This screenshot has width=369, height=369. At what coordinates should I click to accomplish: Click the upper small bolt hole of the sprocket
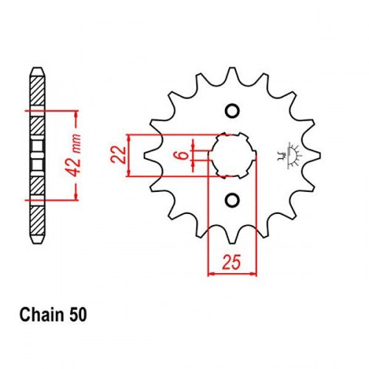(x=232, y=111)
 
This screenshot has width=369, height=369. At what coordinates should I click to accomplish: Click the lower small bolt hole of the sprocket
(x=232, y=200)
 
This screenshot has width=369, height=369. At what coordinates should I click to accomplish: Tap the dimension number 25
(x=231, y=262)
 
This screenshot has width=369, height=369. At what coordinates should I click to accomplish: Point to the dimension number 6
(x=182, y=155)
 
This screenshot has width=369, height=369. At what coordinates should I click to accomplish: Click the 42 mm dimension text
(x=75, y=155)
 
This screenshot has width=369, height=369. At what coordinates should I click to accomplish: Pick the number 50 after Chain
(x=78, y=315)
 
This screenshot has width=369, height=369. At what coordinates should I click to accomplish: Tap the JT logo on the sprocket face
(x=289, y=156)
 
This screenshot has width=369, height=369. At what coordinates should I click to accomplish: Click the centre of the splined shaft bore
(x=232, y=156)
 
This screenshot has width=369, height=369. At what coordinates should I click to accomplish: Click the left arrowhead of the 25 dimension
(x=213, y=273)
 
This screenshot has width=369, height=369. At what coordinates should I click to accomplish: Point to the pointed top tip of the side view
(x=38, y=68)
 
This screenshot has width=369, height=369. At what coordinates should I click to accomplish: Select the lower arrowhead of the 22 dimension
(x=129, y=172)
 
